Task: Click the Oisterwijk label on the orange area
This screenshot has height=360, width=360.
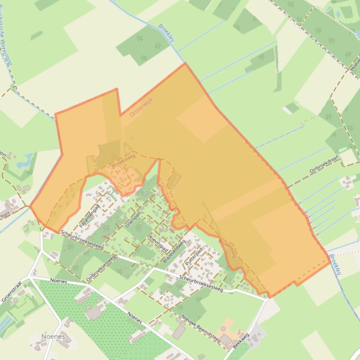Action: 142,107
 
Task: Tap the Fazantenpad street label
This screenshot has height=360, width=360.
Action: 90,216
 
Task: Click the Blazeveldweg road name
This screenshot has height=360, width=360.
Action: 174,251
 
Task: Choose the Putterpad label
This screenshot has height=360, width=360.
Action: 194,257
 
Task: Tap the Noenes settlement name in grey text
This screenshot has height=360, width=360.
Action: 53,336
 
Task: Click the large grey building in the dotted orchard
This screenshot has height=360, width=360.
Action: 95,312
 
